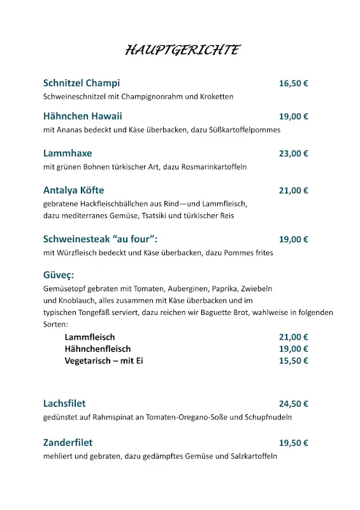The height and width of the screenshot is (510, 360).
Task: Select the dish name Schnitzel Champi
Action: pos(82,84)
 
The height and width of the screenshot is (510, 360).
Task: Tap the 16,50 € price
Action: pos(293,84)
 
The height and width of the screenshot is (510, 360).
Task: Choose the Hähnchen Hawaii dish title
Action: pos(82,117)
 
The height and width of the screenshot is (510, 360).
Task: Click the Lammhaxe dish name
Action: pos(68,154)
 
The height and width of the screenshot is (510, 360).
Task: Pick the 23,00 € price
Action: pos(293,154)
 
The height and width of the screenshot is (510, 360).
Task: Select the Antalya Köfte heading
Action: pos(73,191)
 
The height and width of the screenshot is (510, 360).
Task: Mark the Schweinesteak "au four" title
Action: pos(100,240)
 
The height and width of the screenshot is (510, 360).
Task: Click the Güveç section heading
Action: pos(59,275)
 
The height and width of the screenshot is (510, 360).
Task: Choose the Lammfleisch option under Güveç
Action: pos(90,337)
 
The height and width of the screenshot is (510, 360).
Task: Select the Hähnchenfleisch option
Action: pos(97,349)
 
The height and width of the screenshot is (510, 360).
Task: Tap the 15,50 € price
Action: pos(293,361)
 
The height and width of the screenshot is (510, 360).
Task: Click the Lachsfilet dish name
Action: pos(64,404)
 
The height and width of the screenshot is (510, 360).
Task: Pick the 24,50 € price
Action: pos(293,404)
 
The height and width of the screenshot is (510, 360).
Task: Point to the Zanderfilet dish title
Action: pos(68,442)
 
